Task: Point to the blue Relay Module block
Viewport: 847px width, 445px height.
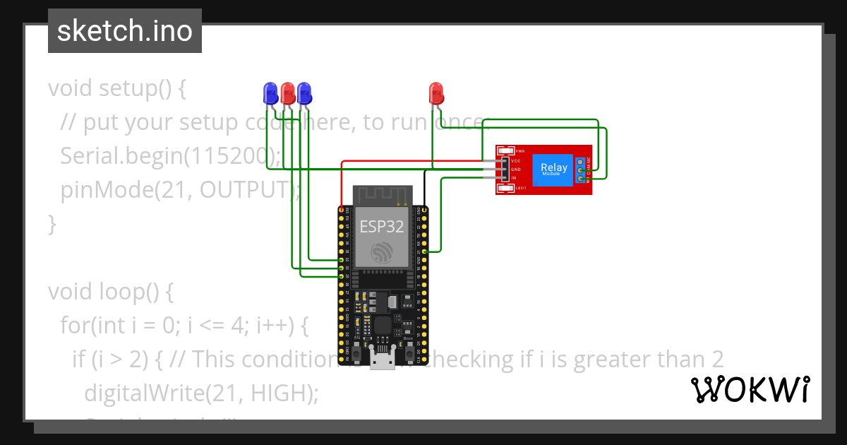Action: pyautogui.click(x=552, y=170)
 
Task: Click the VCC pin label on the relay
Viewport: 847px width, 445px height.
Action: pyautogui.click(x=515, y=161)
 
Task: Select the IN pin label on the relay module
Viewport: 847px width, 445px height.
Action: pyautogui.click(x=514, y=178)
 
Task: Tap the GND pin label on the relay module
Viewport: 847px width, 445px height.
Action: pyautogui.click(x=515, y=170)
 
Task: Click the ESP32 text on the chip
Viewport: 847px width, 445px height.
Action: pyautogui.click(x=382, y=226)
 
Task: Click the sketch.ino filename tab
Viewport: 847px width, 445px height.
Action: pyautogui.click(x=125, y=31)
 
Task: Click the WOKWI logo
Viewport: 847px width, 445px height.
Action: pyautogui.click(x=749, y=390)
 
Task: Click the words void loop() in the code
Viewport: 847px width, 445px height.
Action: pyautogui.click(x=110, y=291)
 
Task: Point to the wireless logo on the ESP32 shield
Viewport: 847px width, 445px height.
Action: pyautogui.click(x=382, y=252)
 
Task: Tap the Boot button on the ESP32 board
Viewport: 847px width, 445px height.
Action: pyautogui.click(x=408, y=351)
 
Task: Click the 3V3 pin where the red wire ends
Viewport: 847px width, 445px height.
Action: pyautogui.click(x=342, y=210)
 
